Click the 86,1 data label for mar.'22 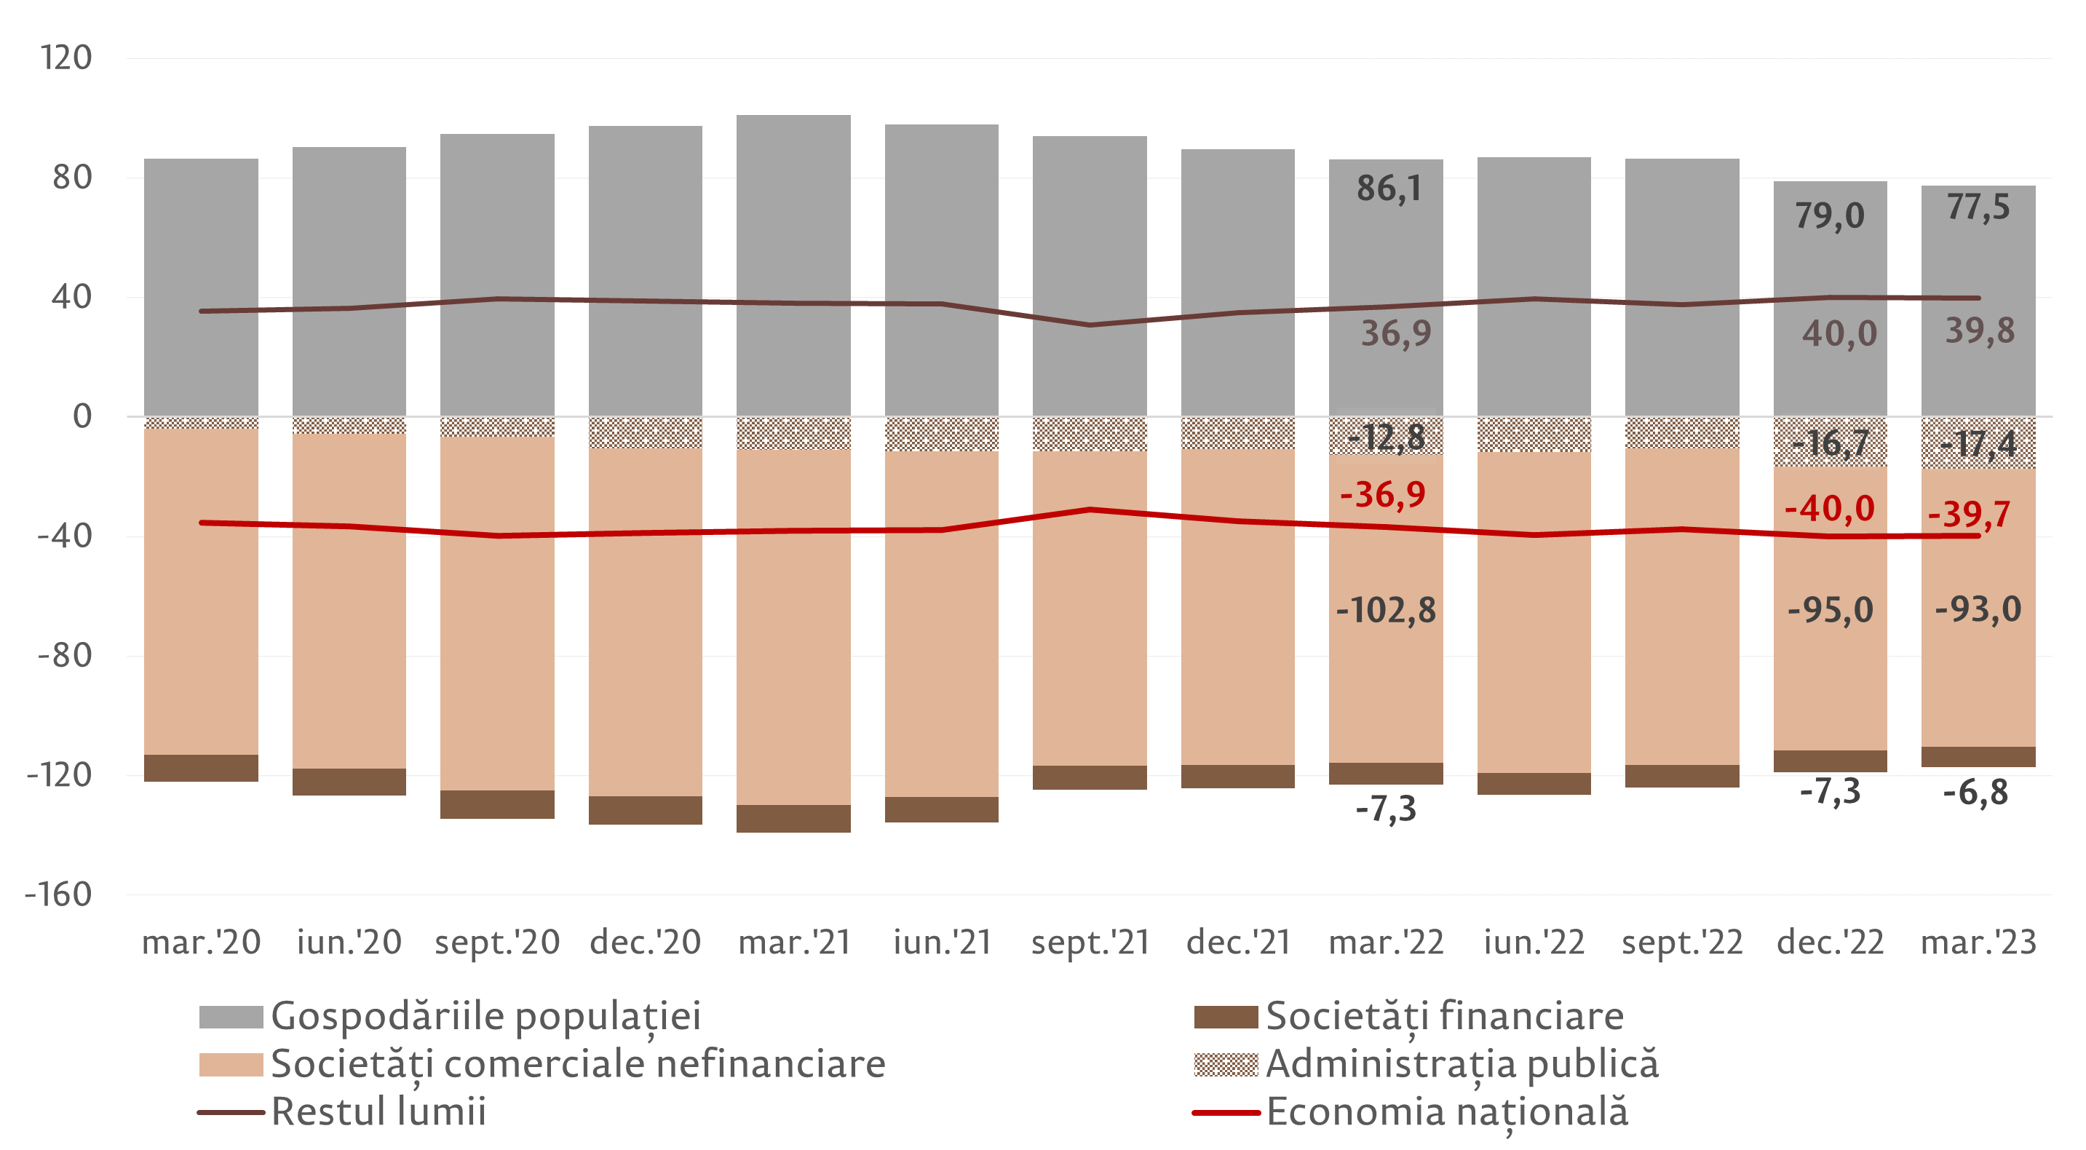coord(1389,189)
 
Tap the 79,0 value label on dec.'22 coord(1829,215)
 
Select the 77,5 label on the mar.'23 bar coord(1978,207)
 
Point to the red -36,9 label coord(1383,494)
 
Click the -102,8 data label coord(1386,610)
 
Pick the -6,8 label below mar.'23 coord(1976,793)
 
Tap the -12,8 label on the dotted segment coord(1386,438)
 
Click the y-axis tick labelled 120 coord(66,58)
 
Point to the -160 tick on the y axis coord(58,895)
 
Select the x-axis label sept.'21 coord(1090,943)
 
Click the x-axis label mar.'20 coord(201,943)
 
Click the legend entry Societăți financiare coord(1444,1016)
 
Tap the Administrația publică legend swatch coord(1225,1064)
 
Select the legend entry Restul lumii coord(378,1111)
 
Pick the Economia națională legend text coord(1447,1111)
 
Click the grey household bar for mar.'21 coord(793,267)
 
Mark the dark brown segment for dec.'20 coord(646,810)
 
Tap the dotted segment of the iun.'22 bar coord(1534,434)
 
